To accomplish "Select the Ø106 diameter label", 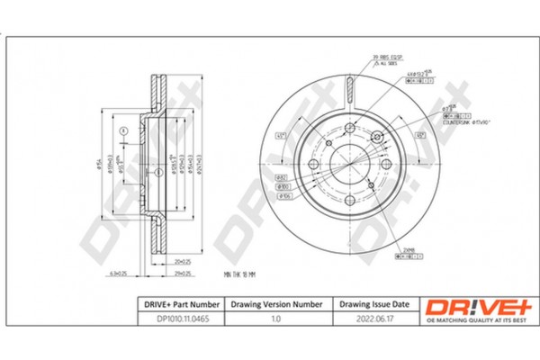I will click(281, 195).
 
